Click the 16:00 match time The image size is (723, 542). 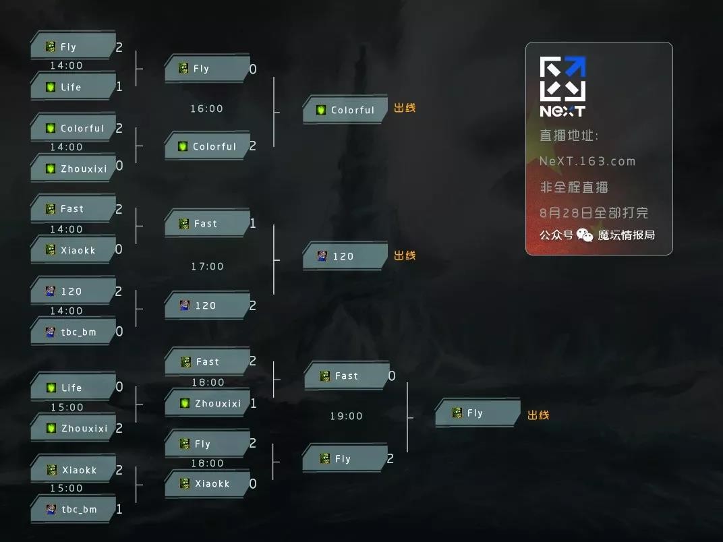206,109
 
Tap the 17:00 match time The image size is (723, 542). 207,266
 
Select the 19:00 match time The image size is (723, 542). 346,416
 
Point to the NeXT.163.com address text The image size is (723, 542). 587,161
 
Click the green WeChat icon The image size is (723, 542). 585,235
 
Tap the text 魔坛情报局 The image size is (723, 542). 626,235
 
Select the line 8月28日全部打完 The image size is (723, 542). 594,212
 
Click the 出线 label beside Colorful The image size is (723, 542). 405,108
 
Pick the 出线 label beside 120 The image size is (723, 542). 405,255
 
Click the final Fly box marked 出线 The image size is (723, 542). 476,413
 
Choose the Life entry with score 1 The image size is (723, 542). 73,87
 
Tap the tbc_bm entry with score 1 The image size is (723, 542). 73,509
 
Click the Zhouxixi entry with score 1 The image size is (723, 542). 207,403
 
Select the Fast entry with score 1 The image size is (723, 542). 207,223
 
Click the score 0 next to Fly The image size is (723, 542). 253,69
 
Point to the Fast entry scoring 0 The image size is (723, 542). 346,376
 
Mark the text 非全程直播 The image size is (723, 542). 574,187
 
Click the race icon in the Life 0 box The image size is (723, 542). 51,388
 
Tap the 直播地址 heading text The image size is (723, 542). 569,135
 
